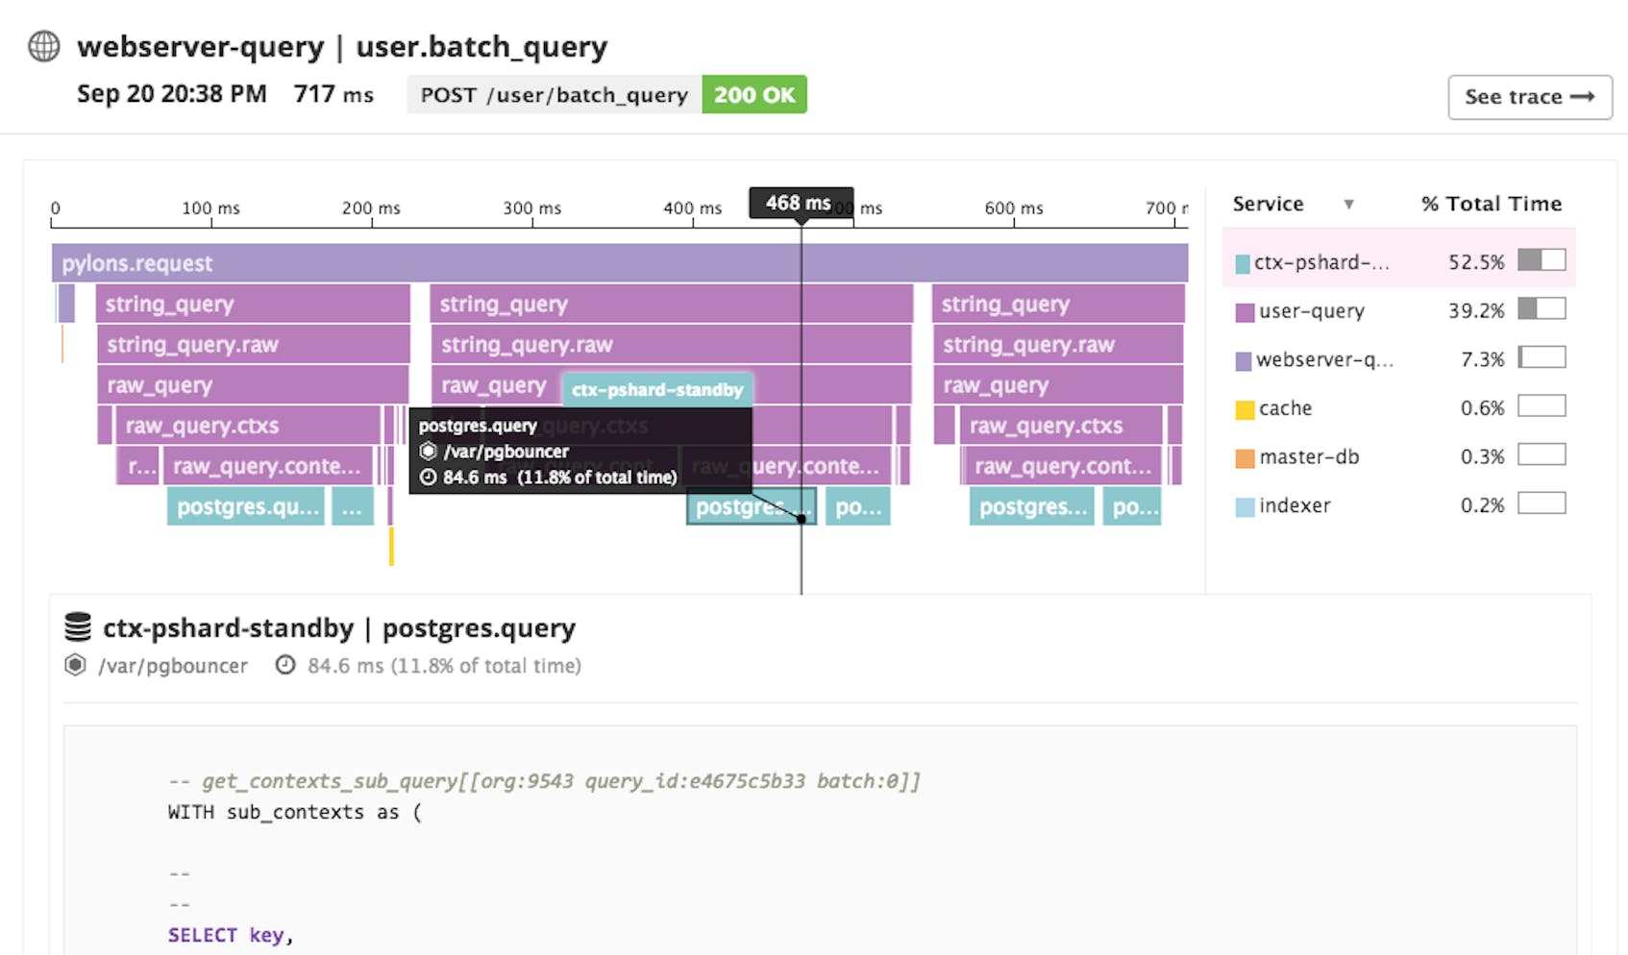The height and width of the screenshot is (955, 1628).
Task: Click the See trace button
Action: pyautogui.click(x=1529, y=97)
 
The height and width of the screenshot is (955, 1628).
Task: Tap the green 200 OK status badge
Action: pyautogui.click(x=754, y=95)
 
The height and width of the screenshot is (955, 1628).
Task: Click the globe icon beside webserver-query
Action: pyautogui.click(x=44, y=46)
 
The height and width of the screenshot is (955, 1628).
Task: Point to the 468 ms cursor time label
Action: pyautogui.click(x=800, y=204)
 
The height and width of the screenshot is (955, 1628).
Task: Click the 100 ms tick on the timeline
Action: pyautogui.click(x=210, y=208)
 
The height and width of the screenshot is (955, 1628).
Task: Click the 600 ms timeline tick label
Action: pyautogui.click(x=1013, y=208)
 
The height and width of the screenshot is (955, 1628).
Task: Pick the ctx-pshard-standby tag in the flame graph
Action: pyautogui.click(x=657, y=389)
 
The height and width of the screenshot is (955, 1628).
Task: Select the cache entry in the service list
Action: pyautogui.click(x=1285, y=408)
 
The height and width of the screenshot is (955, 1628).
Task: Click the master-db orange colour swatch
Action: pyautogui.click(x=1245, y=458)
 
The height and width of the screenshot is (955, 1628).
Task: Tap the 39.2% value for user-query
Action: pyautogui.click(x=1476, y=310)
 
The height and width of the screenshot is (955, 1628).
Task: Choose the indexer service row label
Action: pyautogui.click(x=1295, y=505)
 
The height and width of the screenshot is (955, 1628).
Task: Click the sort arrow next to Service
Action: pyautogui.click(x=1348, y=204)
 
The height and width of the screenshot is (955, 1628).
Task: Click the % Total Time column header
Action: pyautogui.click(x=1492, y=204)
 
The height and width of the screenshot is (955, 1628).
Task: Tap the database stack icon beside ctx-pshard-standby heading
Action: pyautogui.click(x=78, y=627)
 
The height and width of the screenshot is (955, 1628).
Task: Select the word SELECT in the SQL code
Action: pyautogui.click(x=202, y=935)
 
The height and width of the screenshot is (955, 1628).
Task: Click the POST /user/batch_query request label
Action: pyautogui.click(x=555, y=95)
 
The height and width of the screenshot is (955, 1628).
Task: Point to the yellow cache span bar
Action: pyautogui.click(x=391, y=546)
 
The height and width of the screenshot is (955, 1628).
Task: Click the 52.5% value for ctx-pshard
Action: pyautogui.click(x=1476, y=261)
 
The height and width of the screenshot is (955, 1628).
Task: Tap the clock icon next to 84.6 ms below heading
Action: pyautogui.click(x=285, y=665)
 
